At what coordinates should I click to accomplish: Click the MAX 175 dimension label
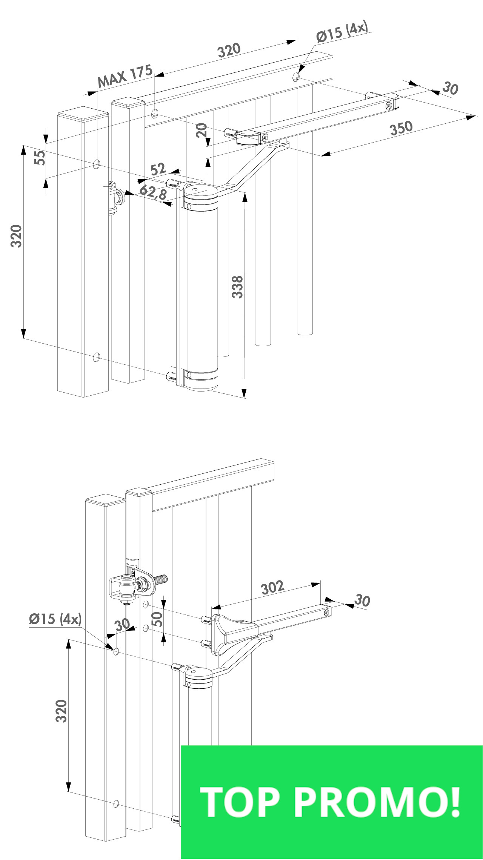coord(125,75)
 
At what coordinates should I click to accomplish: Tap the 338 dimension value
coord(237,287)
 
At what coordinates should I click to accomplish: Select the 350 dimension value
coord(401,128)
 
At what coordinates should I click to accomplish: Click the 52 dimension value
coord(158,169)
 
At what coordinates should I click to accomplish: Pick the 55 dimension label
coord(40,157)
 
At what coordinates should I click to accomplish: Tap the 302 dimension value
coord(272,587)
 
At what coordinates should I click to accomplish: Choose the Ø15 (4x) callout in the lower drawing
coord(55,619)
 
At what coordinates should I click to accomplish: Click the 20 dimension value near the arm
coord(202,131)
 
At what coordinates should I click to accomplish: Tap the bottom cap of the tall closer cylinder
coord(201,379)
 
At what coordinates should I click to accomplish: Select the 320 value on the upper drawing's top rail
coord(229,50)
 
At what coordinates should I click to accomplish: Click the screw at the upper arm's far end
coord(388,106)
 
